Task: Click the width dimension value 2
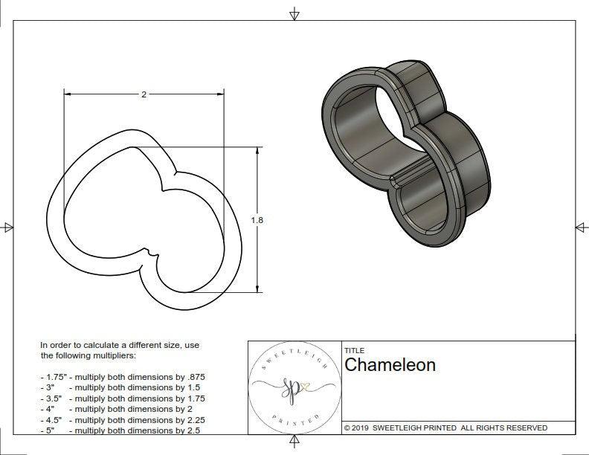(x=143, y=94)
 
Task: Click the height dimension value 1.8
(x=257, y=220)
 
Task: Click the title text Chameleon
(x=390, y=365)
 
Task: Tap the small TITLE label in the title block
(x=353, y=351)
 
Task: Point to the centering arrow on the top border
(x=294, y=13)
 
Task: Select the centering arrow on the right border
(x=580, y=227)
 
